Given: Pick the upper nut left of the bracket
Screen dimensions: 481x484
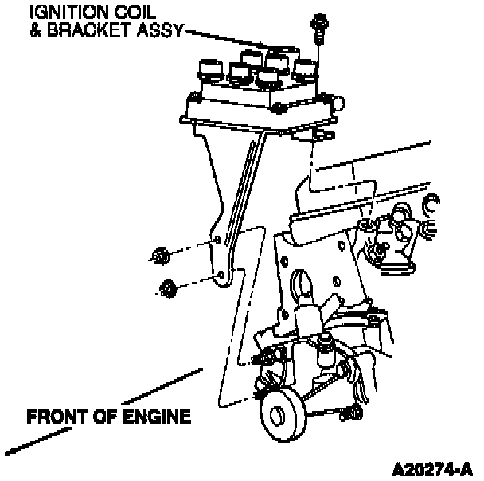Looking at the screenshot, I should [157, 256].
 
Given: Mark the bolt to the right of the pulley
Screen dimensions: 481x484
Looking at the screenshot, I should [351, 413].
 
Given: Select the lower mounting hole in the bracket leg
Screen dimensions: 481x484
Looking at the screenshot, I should [221, 276].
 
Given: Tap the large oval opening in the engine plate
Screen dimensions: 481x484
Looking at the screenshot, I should [303, 286].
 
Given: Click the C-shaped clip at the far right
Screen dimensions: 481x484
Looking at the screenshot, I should [431, 205].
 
